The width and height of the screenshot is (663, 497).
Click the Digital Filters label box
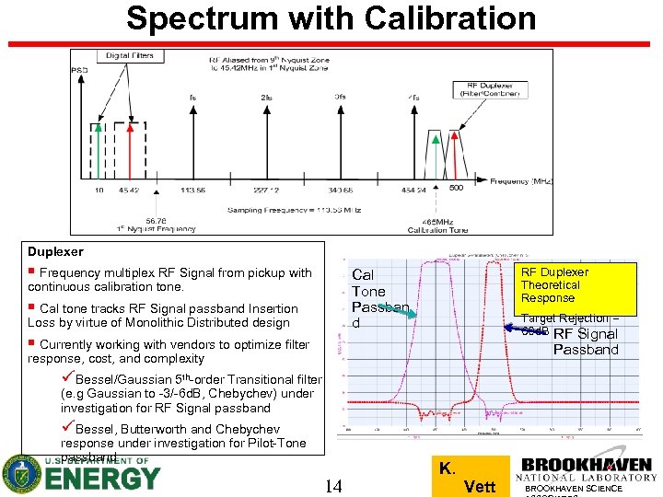pos(130,55)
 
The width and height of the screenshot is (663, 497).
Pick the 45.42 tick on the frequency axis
pos(130,191)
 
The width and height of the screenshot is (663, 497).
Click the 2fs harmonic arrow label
pos(266,97)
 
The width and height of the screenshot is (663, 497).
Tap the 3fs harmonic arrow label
pos(340,97)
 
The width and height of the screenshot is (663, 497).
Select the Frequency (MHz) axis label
pos(521,181)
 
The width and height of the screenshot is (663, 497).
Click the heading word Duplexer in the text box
pos(55,251)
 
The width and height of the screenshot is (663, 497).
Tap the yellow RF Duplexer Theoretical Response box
pos(576,285)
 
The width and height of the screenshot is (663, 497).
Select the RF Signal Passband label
pos(586,341)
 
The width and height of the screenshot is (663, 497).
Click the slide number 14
pos(334,485)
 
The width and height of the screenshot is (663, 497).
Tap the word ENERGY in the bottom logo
pos(102,479)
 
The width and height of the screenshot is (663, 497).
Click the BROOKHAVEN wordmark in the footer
pos(587,466)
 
